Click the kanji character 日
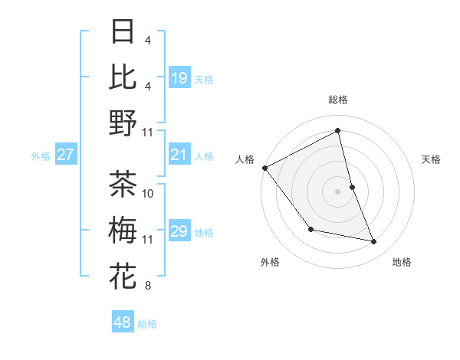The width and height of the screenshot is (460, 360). coord(123,31)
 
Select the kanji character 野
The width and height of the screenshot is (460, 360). coord(123,123)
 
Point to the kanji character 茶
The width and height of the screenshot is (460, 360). coord(123,184)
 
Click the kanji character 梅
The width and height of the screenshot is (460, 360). coord(123,230)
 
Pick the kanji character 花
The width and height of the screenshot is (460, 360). coord(123,276)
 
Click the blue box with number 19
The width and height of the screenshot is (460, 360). coord(179,77)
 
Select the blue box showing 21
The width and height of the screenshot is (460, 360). coord(179,155)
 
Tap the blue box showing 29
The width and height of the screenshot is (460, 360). coord(179,231)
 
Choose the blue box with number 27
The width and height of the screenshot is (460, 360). coord(66,155)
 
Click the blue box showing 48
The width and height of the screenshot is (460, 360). coord(122,322)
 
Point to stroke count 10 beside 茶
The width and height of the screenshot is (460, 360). coord(148,193)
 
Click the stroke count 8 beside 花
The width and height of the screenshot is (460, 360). coord(148,286)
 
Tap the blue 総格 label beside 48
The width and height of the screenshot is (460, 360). coord(148,324)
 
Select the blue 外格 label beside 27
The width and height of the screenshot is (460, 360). coord(41,156)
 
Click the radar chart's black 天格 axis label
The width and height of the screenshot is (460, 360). coord(432,159)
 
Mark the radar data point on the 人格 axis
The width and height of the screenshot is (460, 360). coord(264,168)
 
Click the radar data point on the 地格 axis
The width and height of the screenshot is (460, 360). coord(374,242)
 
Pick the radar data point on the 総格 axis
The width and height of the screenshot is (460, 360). coord(338,131)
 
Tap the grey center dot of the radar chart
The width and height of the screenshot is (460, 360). coord(338,191)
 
